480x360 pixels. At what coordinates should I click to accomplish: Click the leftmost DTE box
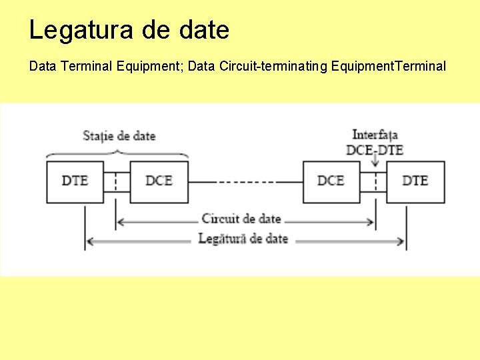(75, 181)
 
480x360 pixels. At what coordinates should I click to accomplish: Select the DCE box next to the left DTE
(159, 181)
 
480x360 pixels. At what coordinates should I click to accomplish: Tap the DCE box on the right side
(331, 181)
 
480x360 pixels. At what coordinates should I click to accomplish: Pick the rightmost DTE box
(415, 181)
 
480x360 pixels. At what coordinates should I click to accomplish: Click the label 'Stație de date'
(119, 136)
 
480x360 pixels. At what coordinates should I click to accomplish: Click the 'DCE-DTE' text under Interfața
(375, 150)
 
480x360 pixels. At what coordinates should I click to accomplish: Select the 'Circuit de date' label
(241, 219)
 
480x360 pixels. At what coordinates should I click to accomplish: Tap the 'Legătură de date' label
(243, 239)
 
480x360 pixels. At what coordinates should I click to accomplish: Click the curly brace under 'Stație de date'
(117, 153)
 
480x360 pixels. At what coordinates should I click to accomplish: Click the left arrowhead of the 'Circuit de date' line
(120, 221)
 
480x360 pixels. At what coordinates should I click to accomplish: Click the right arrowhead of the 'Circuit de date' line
(371, 221)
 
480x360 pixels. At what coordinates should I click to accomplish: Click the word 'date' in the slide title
(205, 30)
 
